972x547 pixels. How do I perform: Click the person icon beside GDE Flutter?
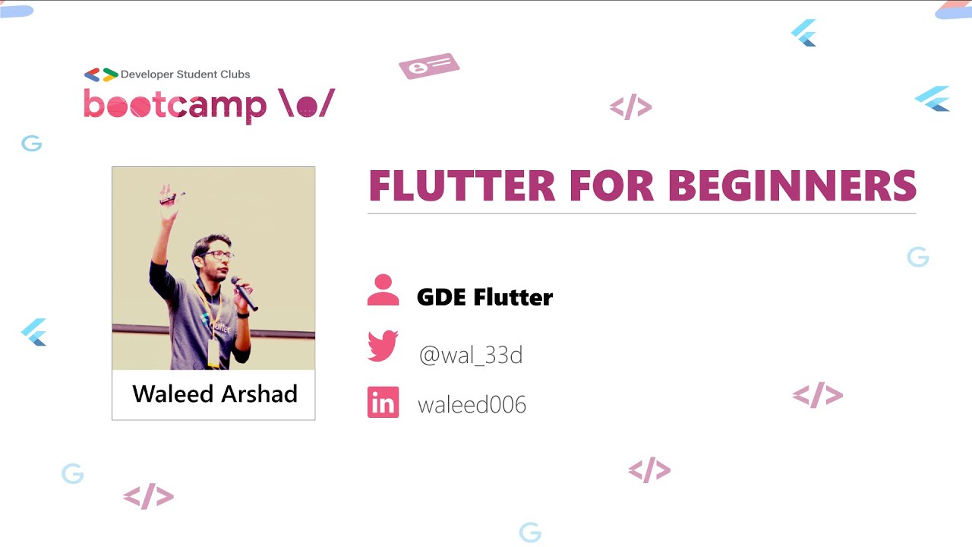click(383, 290)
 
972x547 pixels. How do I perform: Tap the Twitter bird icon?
click(383, 346)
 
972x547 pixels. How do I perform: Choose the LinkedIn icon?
click(383, 403)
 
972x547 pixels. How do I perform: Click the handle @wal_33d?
click(471, 355)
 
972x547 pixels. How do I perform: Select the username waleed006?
click(472, 404)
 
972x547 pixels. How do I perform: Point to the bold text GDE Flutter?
click(484, 297)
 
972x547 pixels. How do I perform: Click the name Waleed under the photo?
click(172, 394)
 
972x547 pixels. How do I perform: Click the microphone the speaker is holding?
click(245, 293)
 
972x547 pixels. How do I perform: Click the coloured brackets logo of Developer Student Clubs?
click(101, 74)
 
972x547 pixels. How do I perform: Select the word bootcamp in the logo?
click(175, 105)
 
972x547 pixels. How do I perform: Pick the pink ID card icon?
click(429, 66)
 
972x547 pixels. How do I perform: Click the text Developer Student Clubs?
click(185, 74)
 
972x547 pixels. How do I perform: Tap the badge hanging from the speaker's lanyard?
click(213, 353)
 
